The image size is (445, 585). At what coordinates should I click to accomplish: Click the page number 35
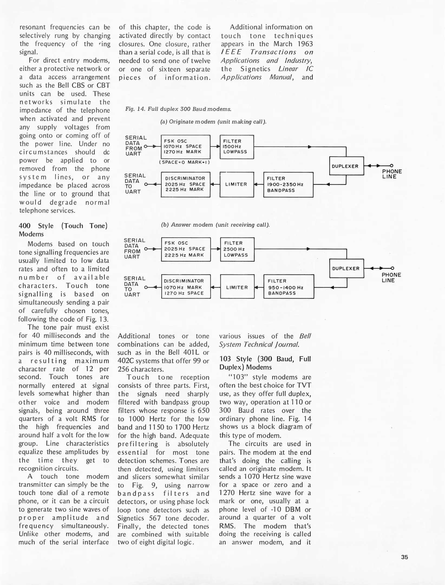404,557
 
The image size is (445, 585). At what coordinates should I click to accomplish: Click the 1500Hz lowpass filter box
237,147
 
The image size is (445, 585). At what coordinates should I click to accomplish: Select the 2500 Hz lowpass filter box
237,249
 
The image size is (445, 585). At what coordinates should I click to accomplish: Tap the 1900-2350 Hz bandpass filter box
288,184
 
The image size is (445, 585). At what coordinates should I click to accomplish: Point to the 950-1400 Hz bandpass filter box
289,287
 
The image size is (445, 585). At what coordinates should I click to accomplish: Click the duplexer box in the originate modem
346,166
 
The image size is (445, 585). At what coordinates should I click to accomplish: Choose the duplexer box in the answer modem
346,268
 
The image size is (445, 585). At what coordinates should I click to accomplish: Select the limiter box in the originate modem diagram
237,184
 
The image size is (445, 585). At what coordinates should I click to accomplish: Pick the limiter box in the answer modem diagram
237,287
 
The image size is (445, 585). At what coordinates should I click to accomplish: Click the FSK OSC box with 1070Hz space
185,147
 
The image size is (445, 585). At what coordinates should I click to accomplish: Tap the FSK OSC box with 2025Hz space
186,249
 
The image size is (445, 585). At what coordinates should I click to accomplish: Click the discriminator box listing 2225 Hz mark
185,184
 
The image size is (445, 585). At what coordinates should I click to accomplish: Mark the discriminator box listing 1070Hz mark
186,287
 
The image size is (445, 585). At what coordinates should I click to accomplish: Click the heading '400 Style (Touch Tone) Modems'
63,230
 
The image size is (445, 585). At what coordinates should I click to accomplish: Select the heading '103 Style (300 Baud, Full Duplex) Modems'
265,363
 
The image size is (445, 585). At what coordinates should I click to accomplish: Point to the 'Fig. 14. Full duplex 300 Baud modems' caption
178,109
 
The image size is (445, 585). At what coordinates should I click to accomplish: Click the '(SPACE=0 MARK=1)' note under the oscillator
184,162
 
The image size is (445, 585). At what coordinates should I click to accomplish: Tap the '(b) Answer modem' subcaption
215,225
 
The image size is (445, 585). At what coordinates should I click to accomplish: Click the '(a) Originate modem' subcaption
213,122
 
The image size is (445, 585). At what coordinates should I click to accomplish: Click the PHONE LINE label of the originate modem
392,174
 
